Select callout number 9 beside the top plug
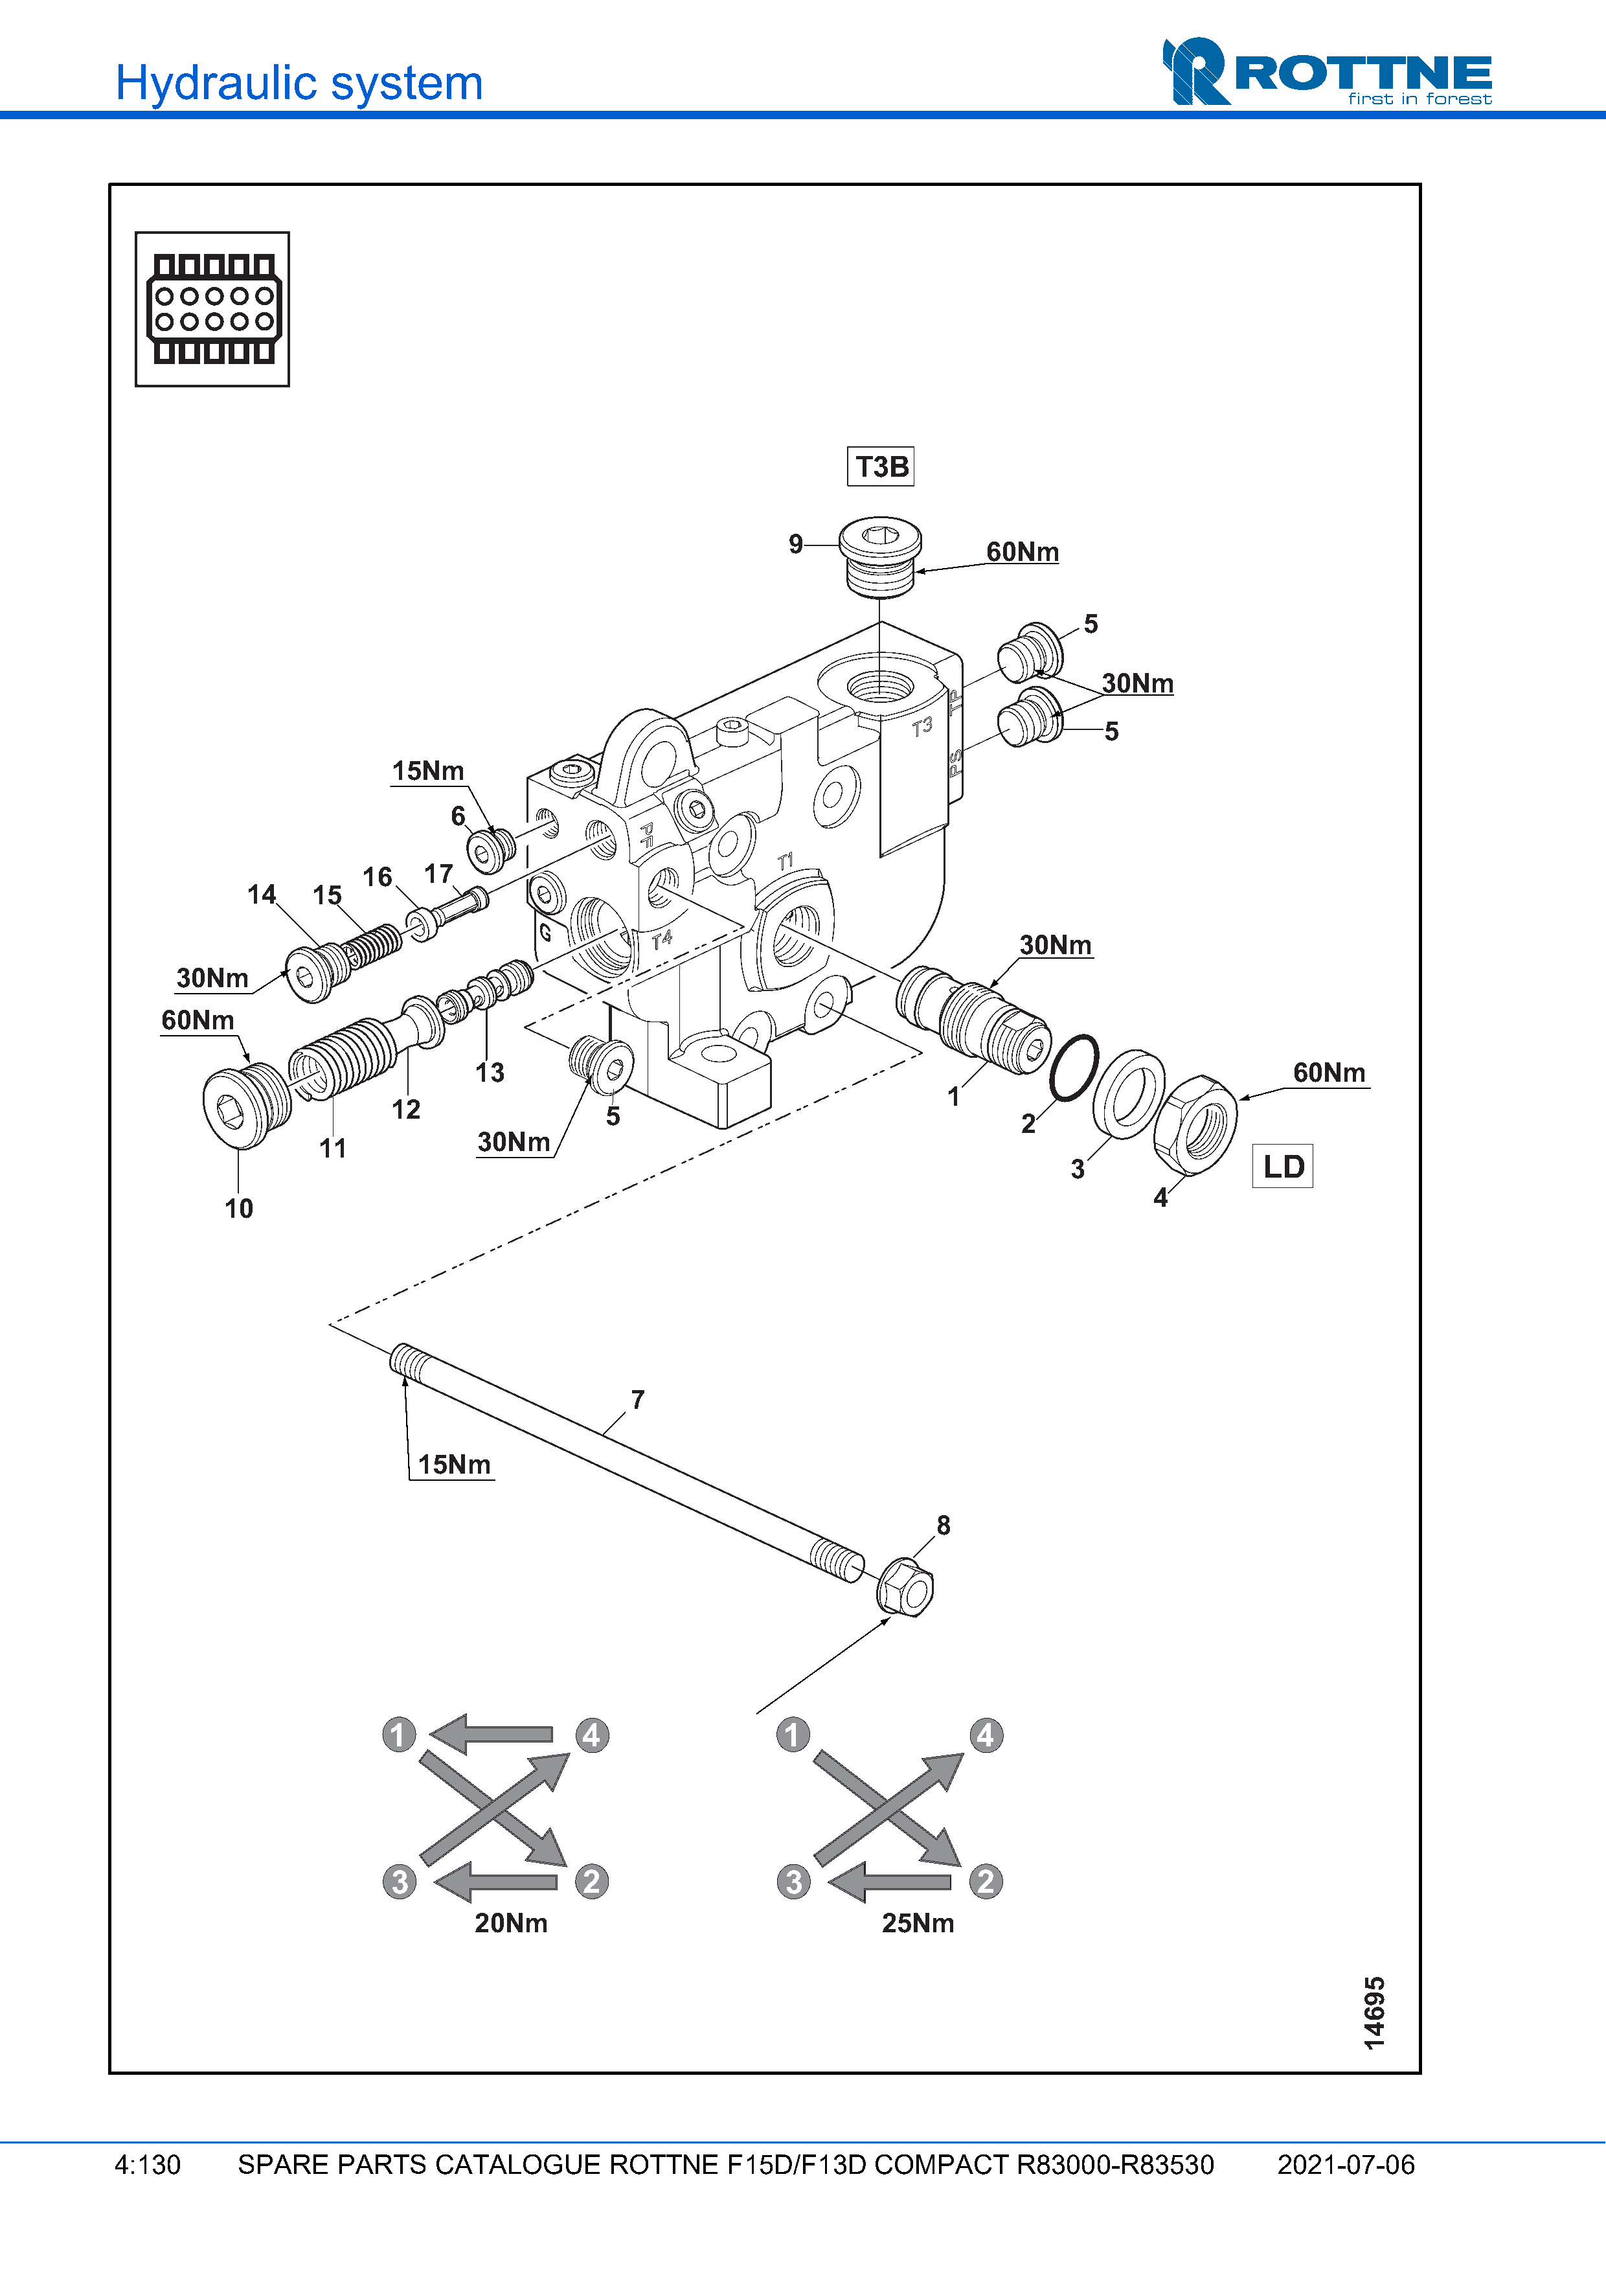click(x=796, y=545)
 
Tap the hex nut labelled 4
click(x=1195, y=1125)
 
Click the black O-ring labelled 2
click(x=1074, y=1068)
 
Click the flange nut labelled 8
click(x=905, y=1587)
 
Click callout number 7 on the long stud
click(x=639, y=1400)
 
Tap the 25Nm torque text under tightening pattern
click(x=917, y=1923)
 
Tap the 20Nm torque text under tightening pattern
click(x=510, y=1923)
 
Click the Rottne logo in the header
click(x=1327, y=73)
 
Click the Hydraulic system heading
click(x=299, y=83)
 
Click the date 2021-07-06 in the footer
click(x=1345, y=2165)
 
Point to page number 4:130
click(x=148, y=2165)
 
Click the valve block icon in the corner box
click(x=213, y=309)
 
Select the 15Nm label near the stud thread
click(x=454, y=1464)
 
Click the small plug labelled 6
click(x=490, y=849)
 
